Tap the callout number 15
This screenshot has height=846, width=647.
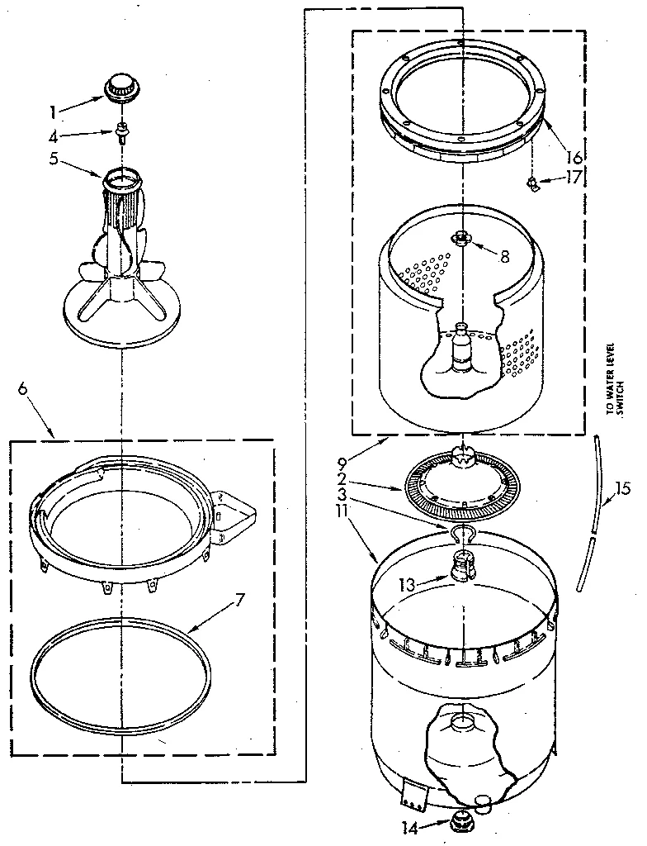click(623, 488)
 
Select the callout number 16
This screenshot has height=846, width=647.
click(574, 157)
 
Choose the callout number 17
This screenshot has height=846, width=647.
click(574, 176)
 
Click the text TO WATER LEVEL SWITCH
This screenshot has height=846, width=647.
click(615, 375)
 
